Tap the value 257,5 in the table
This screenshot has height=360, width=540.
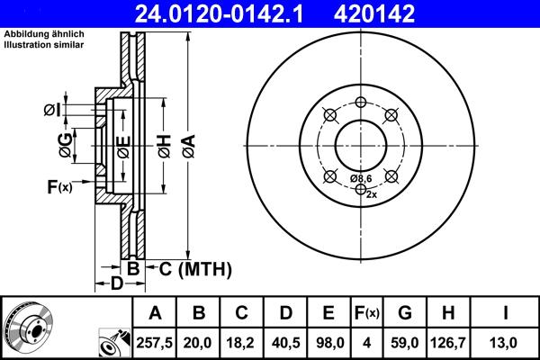155,342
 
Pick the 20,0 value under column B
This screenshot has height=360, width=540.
200,342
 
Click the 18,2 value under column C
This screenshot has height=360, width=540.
242,342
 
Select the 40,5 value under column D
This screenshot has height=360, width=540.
285,342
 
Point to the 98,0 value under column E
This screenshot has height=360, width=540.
328,342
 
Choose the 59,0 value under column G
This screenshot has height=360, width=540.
405,342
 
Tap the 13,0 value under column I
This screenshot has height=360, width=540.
506,342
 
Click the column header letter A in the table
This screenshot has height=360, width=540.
155,313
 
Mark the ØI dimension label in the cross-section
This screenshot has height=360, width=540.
52,111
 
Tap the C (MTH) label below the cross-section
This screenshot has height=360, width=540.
195,269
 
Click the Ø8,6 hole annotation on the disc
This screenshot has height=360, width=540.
362,178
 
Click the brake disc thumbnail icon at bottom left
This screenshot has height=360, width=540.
26,329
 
